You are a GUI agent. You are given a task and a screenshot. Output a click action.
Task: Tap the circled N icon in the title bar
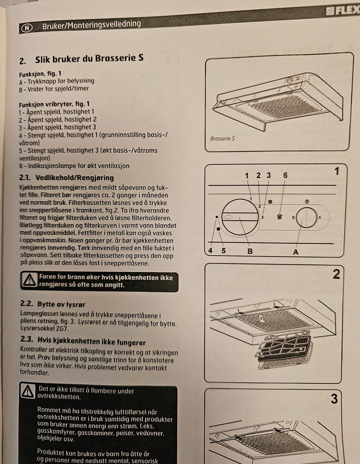tap(27, 28)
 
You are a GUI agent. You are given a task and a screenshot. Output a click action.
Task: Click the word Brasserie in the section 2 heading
tap(115, 59)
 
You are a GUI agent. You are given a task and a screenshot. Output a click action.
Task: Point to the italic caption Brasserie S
tap(222, 139)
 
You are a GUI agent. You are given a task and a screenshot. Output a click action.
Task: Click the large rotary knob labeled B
tap(240, 217)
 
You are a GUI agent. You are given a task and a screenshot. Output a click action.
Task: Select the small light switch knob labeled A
tap(306, 218)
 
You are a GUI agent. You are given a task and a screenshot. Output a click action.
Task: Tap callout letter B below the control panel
tap(250, 251)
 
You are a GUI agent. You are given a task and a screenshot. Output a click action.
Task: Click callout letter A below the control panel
tap(295, 252)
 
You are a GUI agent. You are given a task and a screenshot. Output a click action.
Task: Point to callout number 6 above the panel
tap(285, 175)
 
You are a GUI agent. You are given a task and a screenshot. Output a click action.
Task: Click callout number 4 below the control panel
tap(210, 250)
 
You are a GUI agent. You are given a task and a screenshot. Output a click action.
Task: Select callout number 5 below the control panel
tap(223, 250)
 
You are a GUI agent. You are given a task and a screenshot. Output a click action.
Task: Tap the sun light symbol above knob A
tap(307, 202)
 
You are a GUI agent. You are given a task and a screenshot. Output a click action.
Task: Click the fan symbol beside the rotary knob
tap(270, 202)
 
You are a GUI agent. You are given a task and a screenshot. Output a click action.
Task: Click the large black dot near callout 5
tap(218, 229)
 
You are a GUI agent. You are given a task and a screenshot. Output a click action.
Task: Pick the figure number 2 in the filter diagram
tap(336, 274)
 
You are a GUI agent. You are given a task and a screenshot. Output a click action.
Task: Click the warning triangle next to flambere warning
tap(28, 392)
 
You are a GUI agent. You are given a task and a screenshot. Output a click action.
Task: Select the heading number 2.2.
tap(27, 304)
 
